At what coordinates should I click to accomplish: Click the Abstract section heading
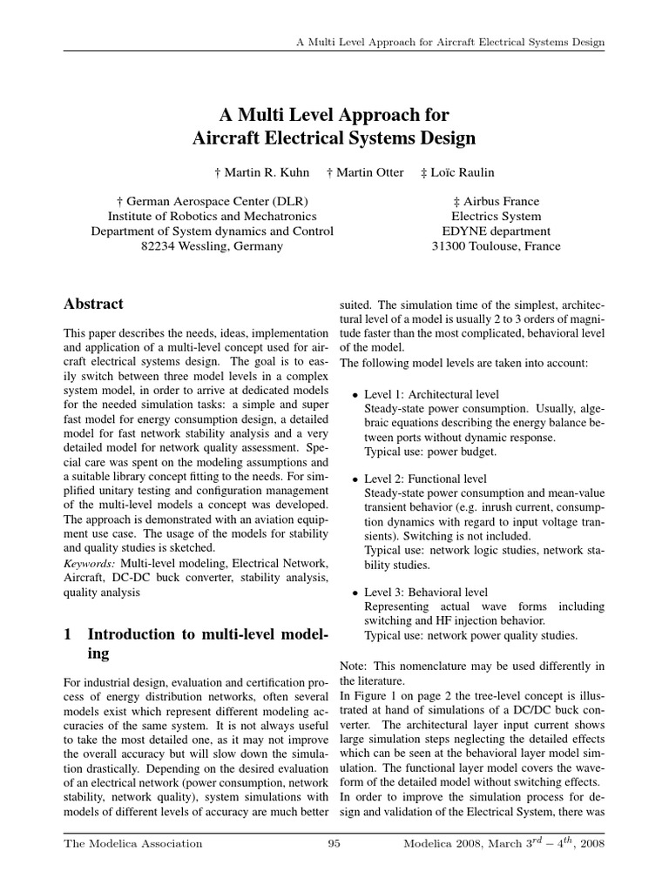(94, 305)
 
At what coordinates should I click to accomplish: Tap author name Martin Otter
(370, 172)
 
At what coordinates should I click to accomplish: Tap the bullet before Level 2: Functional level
(355, 479)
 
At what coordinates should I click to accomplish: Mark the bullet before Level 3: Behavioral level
(355, 593)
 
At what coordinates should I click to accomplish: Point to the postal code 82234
(158, 246)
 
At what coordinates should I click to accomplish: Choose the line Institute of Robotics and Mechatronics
(212, 217)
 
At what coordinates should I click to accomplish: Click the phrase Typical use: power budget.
(430, 452)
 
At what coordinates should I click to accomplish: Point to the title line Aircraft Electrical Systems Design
(334, 137)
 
